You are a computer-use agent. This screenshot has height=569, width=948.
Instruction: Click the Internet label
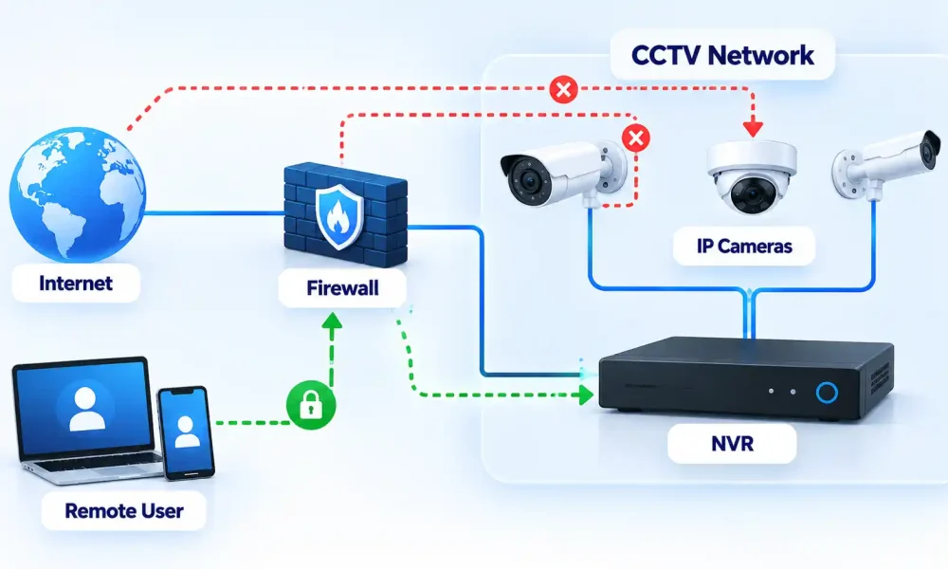pos(76,283)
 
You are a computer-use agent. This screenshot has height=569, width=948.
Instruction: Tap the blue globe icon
pos(78,193)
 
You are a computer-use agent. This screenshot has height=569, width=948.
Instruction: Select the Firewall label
pos(342,288)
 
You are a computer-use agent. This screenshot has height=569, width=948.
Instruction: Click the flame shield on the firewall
pos(339,217)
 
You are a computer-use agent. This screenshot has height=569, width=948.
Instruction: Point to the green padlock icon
pos(311,405)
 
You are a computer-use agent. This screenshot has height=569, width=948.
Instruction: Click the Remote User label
pos(124,511)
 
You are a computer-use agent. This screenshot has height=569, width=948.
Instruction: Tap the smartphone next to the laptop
pos(186,433)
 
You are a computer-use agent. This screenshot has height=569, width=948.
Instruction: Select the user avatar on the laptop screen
pos(84,409)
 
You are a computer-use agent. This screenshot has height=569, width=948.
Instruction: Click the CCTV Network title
pos(722,55)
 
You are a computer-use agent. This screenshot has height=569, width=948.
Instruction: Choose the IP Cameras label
pos(744,247)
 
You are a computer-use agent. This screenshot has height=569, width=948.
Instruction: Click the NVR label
pos(732,443)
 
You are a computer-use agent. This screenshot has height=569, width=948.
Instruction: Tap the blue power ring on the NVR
pos(827,393)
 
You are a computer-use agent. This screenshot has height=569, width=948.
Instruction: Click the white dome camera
pos(752,176)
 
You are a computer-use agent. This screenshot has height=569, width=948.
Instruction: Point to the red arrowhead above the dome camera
pos(753,128)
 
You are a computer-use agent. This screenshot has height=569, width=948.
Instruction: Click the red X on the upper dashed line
pos(563,89)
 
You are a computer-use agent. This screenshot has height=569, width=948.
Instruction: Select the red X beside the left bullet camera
pos(635,138)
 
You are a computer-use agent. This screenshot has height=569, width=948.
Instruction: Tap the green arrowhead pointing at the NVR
pos(585,395)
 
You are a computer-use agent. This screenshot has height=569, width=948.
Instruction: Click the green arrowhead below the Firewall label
pos(331,321)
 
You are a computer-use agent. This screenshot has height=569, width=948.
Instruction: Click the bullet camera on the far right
pos(885,164)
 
